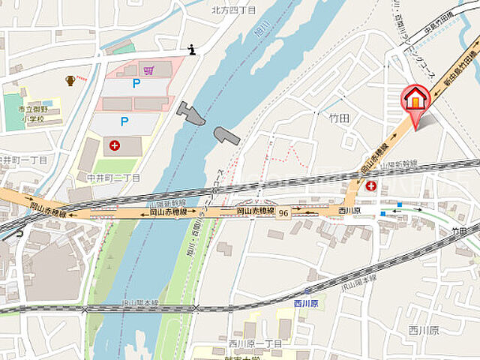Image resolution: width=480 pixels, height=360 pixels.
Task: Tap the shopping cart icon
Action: (x=148, y=70)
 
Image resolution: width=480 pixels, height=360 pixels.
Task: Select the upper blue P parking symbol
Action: (x=136, y=84)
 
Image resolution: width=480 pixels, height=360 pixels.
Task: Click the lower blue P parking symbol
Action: (x=124, y=120)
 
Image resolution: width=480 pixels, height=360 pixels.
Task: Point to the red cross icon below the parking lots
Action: (x=114, y=145)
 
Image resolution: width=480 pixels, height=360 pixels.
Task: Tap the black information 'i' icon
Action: (x=192, y=49)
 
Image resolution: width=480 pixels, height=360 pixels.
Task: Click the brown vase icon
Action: (x=70, y=79)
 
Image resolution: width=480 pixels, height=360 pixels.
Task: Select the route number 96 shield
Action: (x=283, y=214)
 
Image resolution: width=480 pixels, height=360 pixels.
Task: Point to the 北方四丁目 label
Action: (x=233, y=10)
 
